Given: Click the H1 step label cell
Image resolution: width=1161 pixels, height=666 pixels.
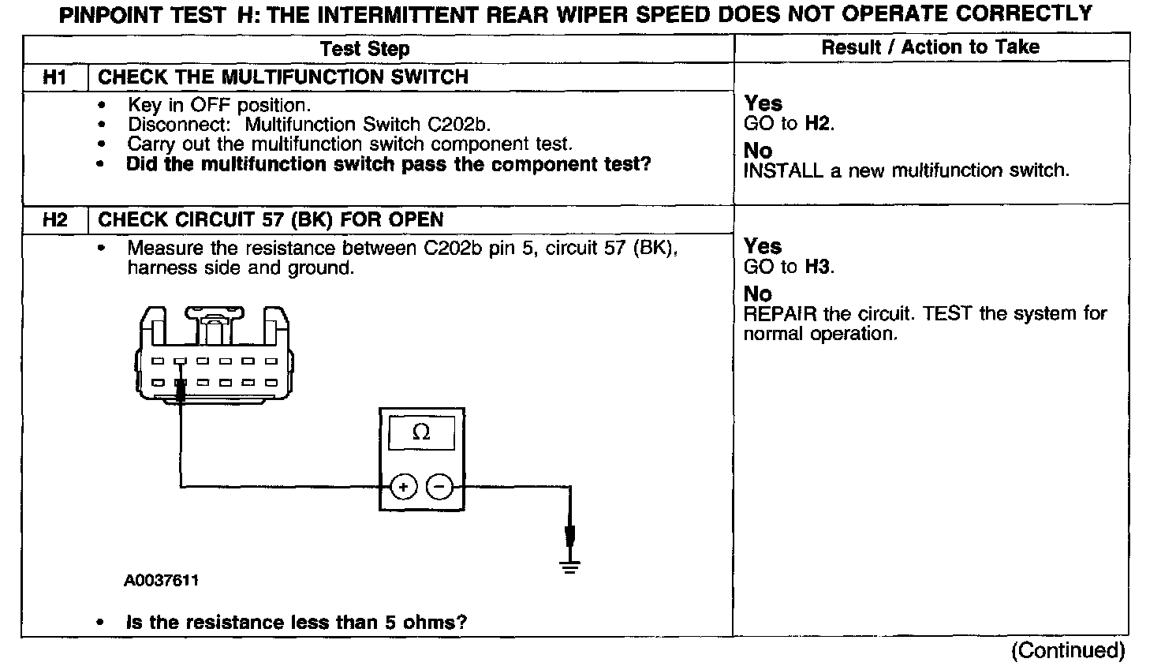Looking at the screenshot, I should (55, 77).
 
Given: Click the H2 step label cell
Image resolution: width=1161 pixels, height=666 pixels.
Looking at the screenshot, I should (55, 220).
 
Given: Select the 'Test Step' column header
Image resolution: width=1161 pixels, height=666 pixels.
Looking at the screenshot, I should (365, 49).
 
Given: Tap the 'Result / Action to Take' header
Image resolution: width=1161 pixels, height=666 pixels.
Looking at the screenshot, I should (931, 47).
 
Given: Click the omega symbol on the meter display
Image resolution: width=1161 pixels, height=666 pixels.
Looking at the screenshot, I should (421, 432).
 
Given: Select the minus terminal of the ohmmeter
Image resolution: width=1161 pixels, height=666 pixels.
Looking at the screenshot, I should (439, 487).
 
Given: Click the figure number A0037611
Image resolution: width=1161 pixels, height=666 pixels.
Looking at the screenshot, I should (161, 581).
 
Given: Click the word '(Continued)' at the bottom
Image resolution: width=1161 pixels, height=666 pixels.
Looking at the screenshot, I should (1068, 650).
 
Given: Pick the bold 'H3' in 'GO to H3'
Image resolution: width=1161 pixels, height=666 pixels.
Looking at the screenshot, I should (819, 267).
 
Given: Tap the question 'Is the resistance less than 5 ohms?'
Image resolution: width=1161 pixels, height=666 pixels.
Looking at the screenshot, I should (297, 623).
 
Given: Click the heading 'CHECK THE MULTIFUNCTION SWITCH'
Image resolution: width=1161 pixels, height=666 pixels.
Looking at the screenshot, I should (282, 77).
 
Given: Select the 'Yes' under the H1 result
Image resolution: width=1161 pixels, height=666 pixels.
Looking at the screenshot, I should (763, 103).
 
